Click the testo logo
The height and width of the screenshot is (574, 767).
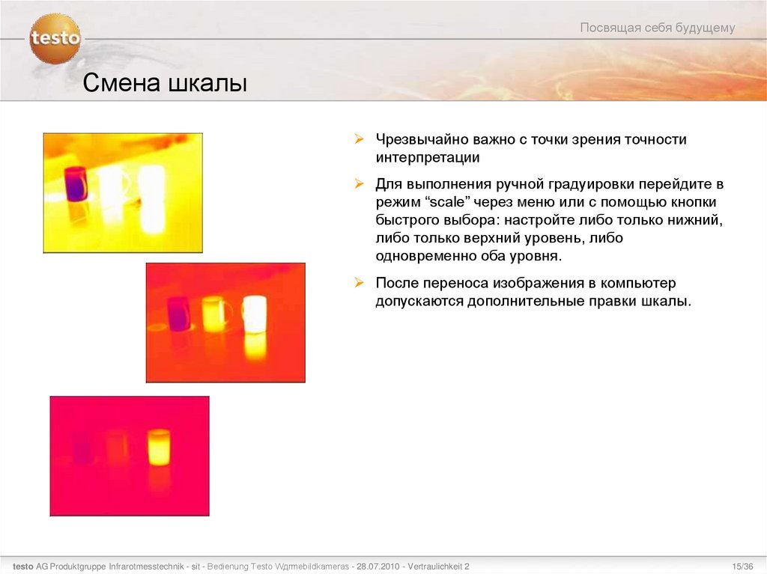tap(55, 38)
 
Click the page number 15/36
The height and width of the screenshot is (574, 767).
tap(742, 565)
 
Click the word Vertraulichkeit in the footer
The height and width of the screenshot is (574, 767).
tap(437, 565)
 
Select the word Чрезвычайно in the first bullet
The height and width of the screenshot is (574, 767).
tap(419, 140)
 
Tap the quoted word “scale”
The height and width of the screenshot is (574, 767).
tap(446, 202)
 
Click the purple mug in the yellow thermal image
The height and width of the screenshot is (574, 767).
tap(76, 183)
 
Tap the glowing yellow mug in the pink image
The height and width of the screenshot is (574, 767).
tap(158, 447)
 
